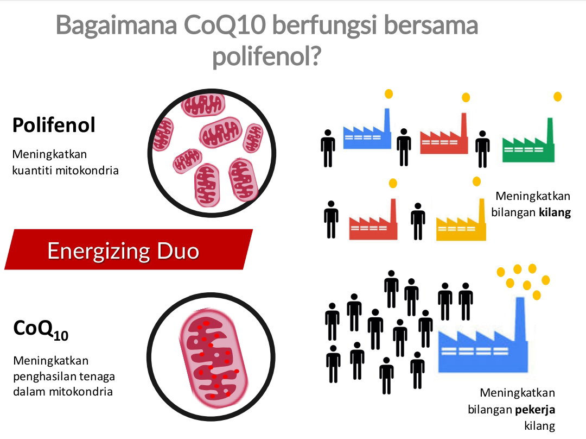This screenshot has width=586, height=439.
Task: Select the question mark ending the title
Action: point(310,57)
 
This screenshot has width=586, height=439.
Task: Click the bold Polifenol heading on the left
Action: point(54,126)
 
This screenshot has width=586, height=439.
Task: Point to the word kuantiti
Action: point(32,170)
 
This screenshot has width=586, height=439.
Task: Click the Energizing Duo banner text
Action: point(123,250)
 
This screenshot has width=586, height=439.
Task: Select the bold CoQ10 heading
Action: point(40,329)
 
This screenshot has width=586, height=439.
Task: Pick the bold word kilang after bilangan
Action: point(555,212)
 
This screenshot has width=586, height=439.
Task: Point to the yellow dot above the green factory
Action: point(557,97)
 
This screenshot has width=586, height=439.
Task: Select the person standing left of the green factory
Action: point(482,148)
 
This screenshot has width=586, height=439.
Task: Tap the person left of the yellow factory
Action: point(417,221)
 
